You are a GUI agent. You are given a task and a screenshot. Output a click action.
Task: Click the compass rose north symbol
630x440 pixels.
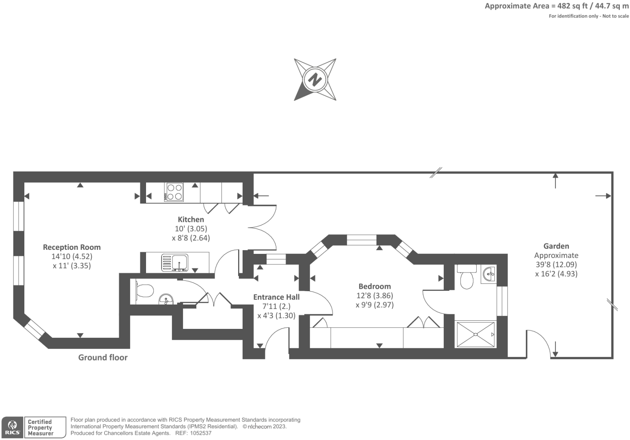tap(315, 79)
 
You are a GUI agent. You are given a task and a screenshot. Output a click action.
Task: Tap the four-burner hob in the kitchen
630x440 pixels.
tap(174, 192)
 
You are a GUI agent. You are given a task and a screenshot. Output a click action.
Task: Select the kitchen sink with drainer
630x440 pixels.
tap(174, 263)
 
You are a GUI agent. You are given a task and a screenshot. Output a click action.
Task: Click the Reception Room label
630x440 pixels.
tap(72, 247)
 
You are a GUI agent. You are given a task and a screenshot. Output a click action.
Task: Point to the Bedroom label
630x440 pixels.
tap(374, 286)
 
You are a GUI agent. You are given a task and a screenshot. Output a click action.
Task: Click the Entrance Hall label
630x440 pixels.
tap(276, 297)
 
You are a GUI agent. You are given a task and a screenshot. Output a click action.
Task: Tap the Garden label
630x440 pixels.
tap(556, 246)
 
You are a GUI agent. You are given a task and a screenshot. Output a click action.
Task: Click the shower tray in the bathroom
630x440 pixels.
tap(476, 335)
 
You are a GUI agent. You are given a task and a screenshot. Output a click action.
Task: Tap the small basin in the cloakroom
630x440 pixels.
tap(166, 300)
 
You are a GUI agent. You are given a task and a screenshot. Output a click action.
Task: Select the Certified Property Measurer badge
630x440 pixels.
tap(44, 427)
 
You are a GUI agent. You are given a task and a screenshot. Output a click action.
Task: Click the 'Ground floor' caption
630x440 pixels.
tap(103, 357)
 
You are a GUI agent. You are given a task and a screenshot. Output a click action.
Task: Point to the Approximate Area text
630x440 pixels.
tap(557, 6)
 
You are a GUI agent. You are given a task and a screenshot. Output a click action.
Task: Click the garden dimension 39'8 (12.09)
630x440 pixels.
tap(556, 264)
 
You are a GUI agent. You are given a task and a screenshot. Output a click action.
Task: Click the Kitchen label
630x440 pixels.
tap(191, 219)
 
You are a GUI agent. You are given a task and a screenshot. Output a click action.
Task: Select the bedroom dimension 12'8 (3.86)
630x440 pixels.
tap(374, 296)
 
